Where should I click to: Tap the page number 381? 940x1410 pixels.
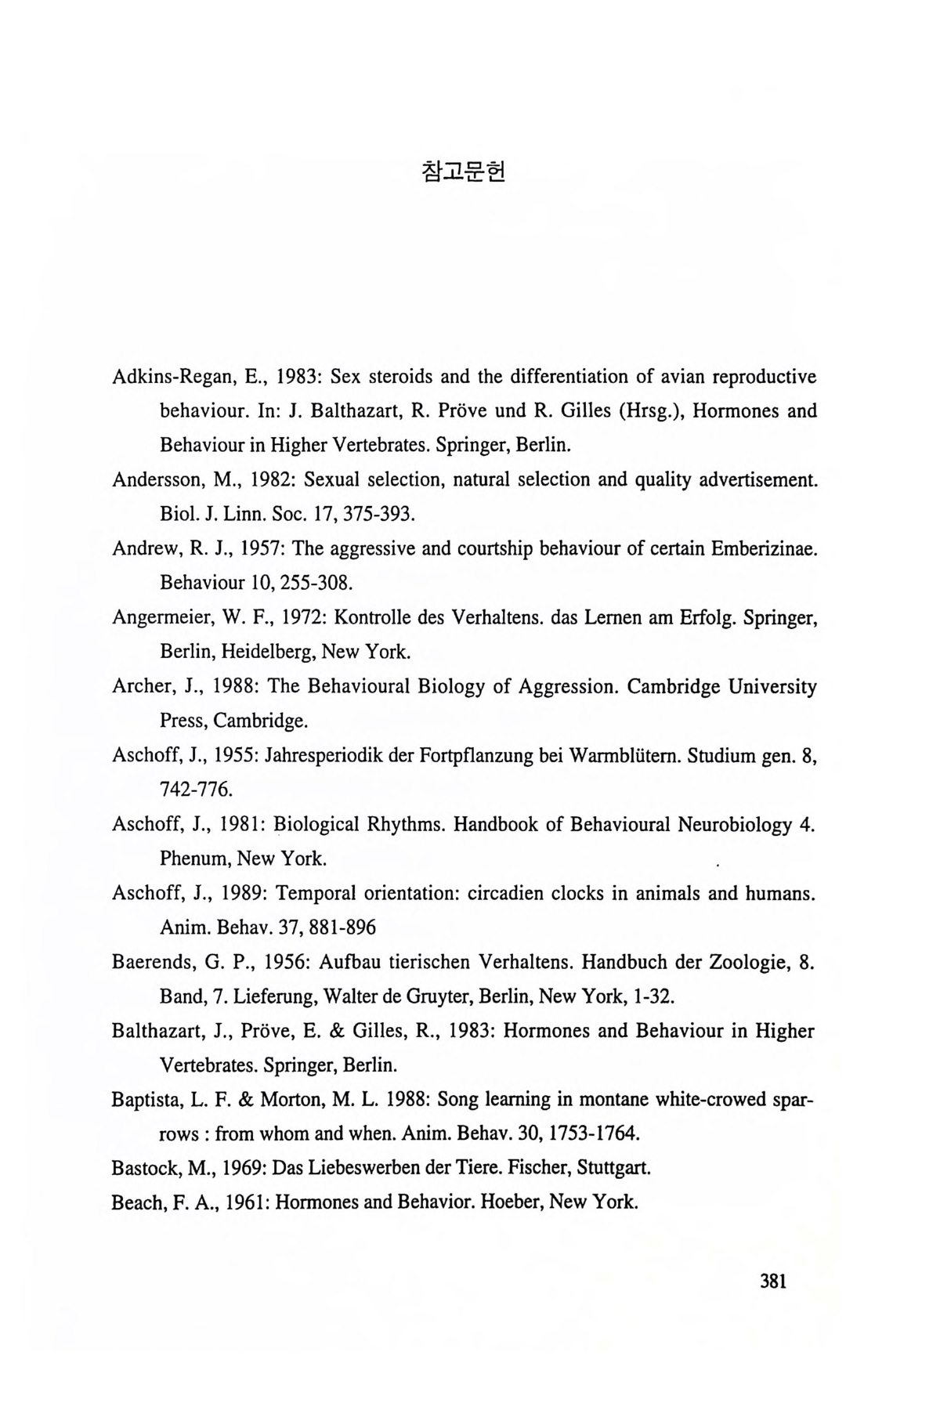(772, 1282)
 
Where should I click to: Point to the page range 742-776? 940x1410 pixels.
(196, 790)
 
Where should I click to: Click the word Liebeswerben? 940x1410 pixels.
(361, 1168)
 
